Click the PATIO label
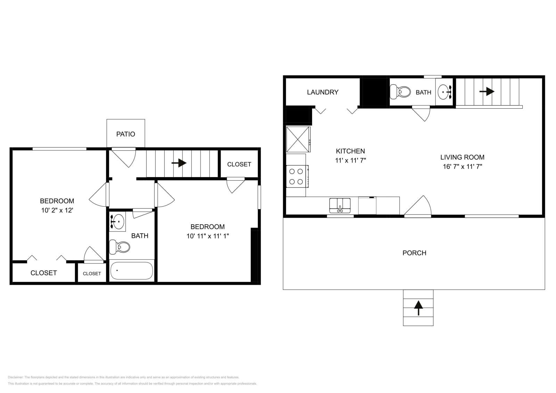click(125, 134)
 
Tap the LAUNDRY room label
click(322, 92)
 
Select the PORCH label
click(414, 253)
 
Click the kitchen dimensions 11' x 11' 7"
click(350, 160)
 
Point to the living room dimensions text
click(462, 166)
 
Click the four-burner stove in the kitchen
click(296, 176)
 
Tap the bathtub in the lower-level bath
click(131, 271)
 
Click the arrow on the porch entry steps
click(418, 308)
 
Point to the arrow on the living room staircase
click(487, 92)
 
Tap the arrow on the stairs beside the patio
click(179, 163)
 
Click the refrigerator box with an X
click(298, 139)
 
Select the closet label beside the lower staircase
click(239, 164)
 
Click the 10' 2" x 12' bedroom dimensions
click(57, 210)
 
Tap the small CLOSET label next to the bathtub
click(92, 274)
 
